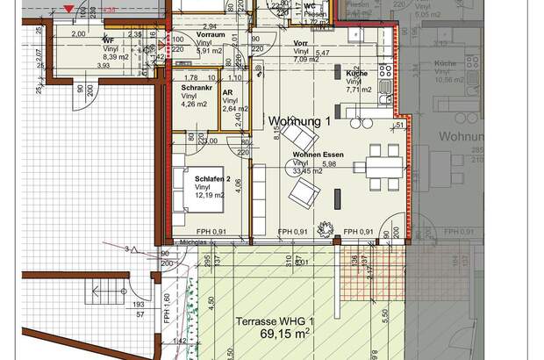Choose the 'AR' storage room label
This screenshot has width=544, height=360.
click(x=227, y=92)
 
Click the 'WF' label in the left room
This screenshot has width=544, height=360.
click(x=108, y=40)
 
